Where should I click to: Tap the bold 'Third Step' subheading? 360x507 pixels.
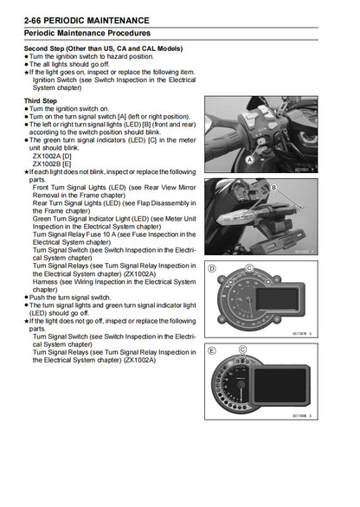click(43, 100)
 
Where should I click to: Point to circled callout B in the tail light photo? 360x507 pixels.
click(274, 187)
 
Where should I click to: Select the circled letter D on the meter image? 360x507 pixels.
click(212, 269)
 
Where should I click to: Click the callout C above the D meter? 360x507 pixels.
click(248, 268)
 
